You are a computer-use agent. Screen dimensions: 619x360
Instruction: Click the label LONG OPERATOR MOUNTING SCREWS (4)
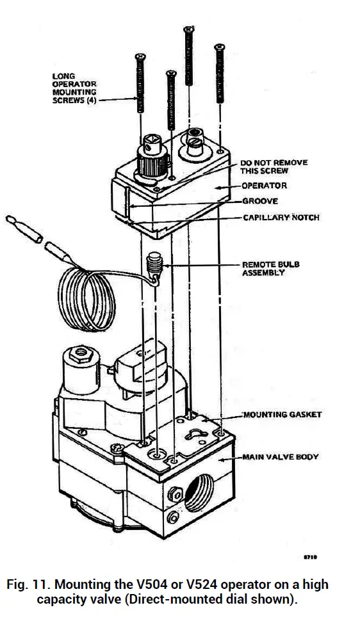click(74, 90)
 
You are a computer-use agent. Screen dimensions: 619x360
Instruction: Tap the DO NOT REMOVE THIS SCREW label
click(274, 166)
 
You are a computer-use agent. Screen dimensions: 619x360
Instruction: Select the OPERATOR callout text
click(265, 186)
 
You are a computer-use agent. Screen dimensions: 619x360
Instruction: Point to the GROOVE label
click(260, 202)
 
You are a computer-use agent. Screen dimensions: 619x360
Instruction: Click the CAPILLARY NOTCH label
click(281, 218)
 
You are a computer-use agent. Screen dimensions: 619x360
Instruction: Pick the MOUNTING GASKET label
click(282, 414)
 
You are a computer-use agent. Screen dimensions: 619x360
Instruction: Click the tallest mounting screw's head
click(189, 29)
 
